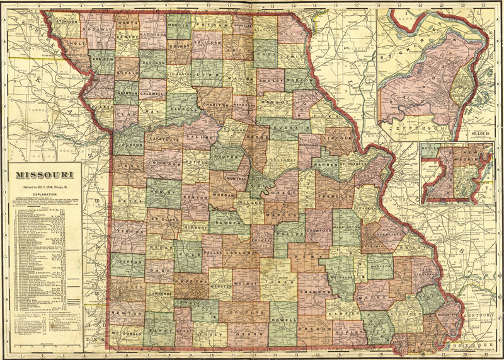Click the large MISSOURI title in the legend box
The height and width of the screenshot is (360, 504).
coord(43,173)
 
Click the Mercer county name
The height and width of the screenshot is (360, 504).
coord(179,25)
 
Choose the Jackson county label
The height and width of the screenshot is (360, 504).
coord(130,143)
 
